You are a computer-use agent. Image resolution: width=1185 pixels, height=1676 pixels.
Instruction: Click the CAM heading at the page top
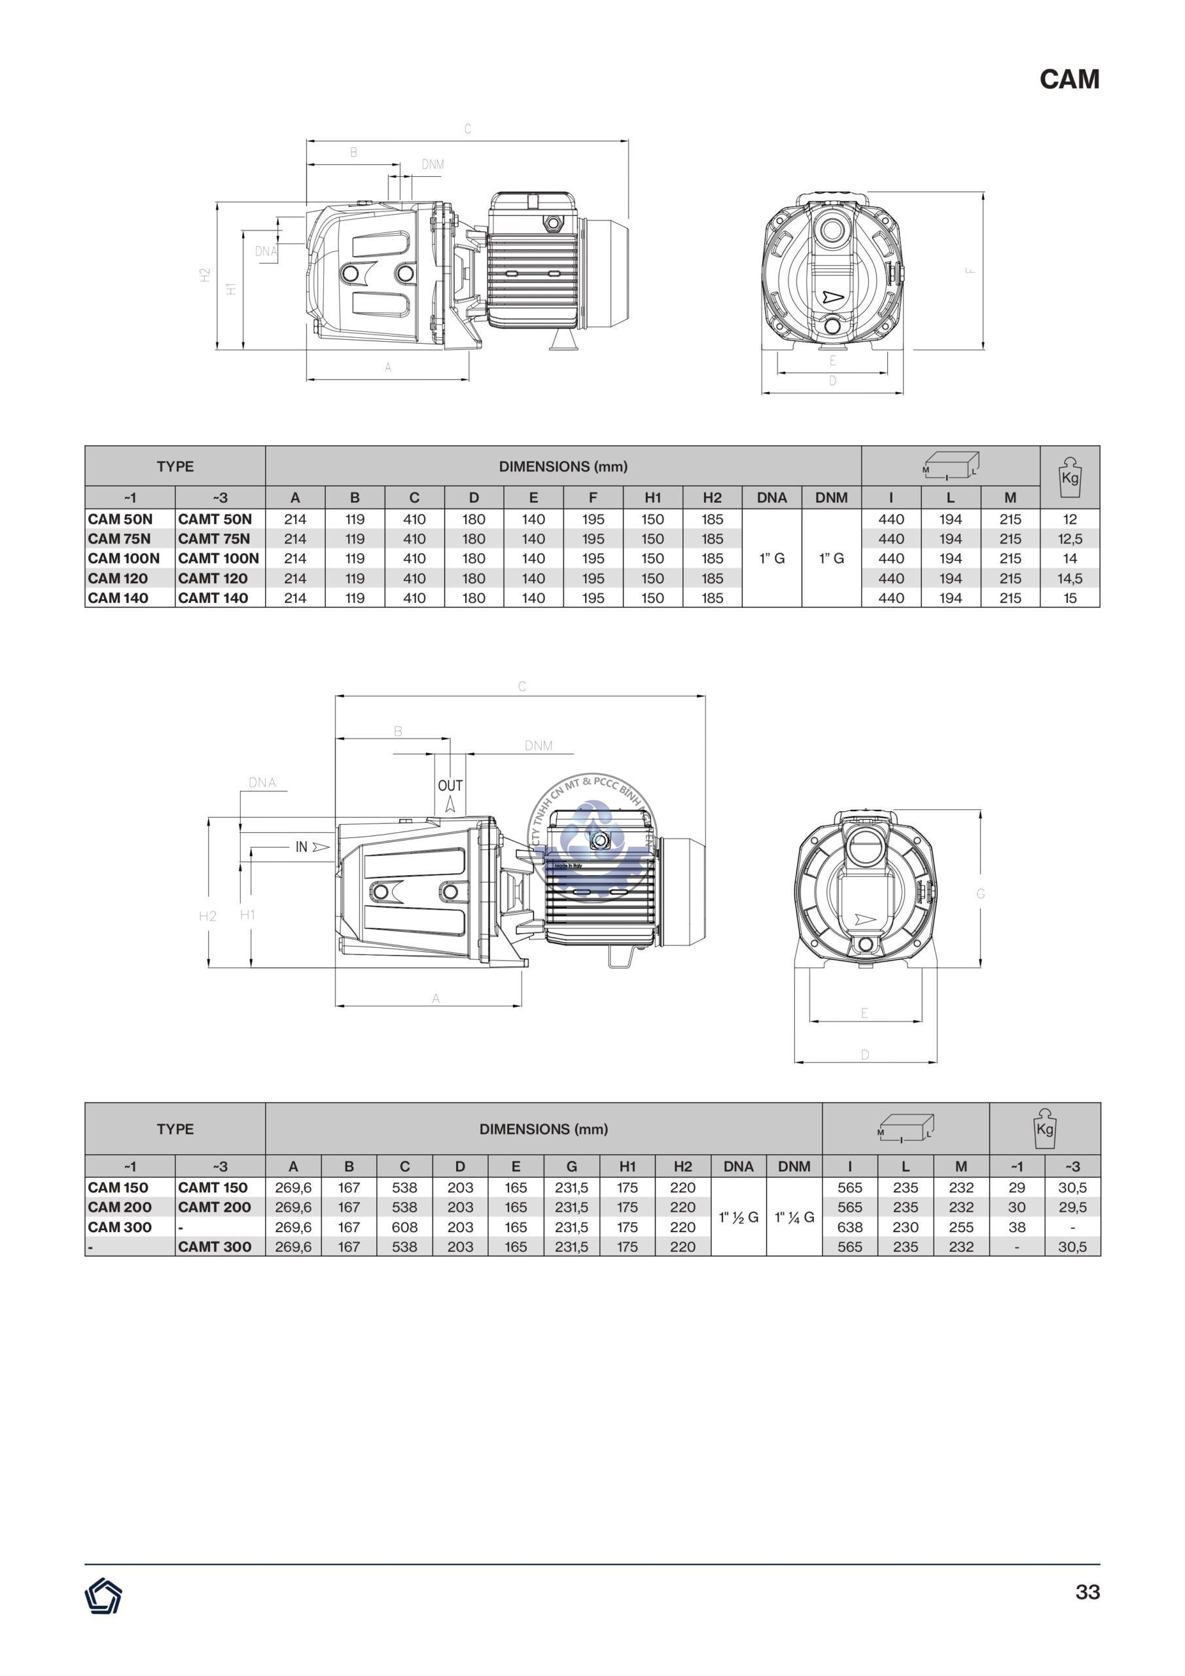pyautogui.click(x=1069, y=79)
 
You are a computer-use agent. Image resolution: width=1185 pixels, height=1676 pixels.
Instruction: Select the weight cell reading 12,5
pyautogui.click(x=1070, y=539)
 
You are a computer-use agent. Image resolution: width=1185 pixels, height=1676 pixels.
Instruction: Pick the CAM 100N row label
pyautogui.click(x=123, y=558)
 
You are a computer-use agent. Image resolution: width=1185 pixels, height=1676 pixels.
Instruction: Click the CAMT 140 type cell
pyautogui.click(x=213, y=598)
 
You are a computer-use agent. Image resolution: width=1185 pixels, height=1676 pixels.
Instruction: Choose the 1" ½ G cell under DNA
pyautogui.click(x=739, y=1217)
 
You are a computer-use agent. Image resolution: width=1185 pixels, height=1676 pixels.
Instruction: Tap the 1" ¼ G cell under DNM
pyautogui.click(x=794, y=1217)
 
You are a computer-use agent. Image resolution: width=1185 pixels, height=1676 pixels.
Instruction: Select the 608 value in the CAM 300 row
pyautogui.click(x=404, y=1227)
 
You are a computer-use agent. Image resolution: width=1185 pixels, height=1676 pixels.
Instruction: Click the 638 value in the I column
pyautogui.click(x=849, y=1227)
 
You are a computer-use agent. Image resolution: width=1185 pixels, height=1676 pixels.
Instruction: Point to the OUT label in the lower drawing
pyautogui.click(x=450, y=786)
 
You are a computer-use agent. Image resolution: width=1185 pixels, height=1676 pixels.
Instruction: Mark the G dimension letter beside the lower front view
pyautogui.click(x=981, y=894)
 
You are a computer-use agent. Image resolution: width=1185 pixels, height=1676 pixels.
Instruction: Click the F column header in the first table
pyautogui.click(x=593, y=498)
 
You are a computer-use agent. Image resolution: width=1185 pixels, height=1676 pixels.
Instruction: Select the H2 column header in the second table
pyautogui.click(x=682, y=1167)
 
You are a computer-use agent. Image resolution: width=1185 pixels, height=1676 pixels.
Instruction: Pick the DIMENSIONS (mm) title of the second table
pyautogui.click(x=544, y=1129)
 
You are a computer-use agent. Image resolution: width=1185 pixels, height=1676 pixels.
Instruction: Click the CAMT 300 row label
pyautogui.click(x=215, y=1247)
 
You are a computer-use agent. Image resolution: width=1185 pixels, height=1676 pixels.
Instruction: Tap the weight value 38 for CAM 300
pyautogui.click(x=1016, y=1227)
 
